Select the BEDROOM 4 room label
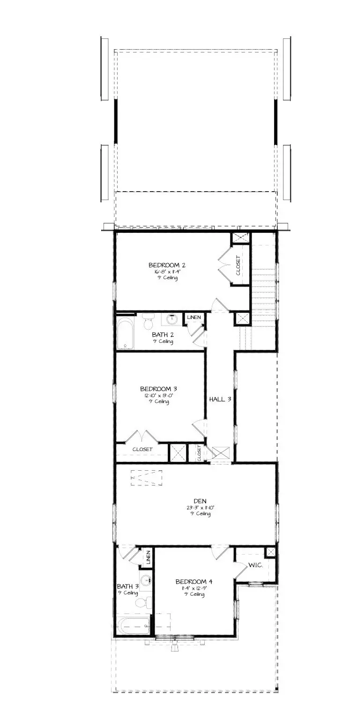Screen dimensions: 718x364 click(x=190, y=581)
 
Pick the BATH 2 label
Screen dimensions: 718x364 click(x=163, y=334)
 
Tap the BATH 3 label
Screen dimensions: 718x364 click(x=127, y=586)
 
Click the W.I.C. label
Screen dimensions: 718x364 click(x=256, y=565)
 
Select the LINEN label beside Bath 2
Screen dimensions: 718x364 click(x=194, y=318)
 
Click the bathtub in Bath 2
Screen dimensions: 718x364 click(x=125, y=334)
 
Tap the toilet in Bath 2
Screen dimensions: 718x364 click(x=149, y=322)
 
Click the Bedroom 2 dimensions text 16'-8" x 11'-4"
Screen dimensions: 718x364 click(x=164, y=271)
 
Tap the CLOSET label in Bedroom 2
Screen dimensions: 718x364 click(x=238, y=265)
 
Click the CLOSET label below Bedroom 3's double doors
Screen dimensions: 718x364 click(x=142, y=449)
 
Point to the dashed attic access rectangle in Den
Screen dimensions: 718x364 click(x=147, y=478)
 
